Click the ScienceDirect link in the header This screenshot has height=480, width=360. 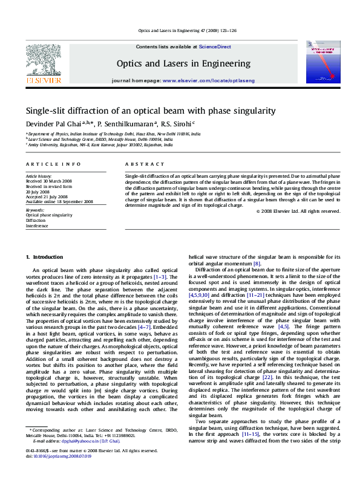[215, 47]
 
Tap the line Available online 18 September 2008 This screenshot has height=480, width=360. [59, 201]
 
